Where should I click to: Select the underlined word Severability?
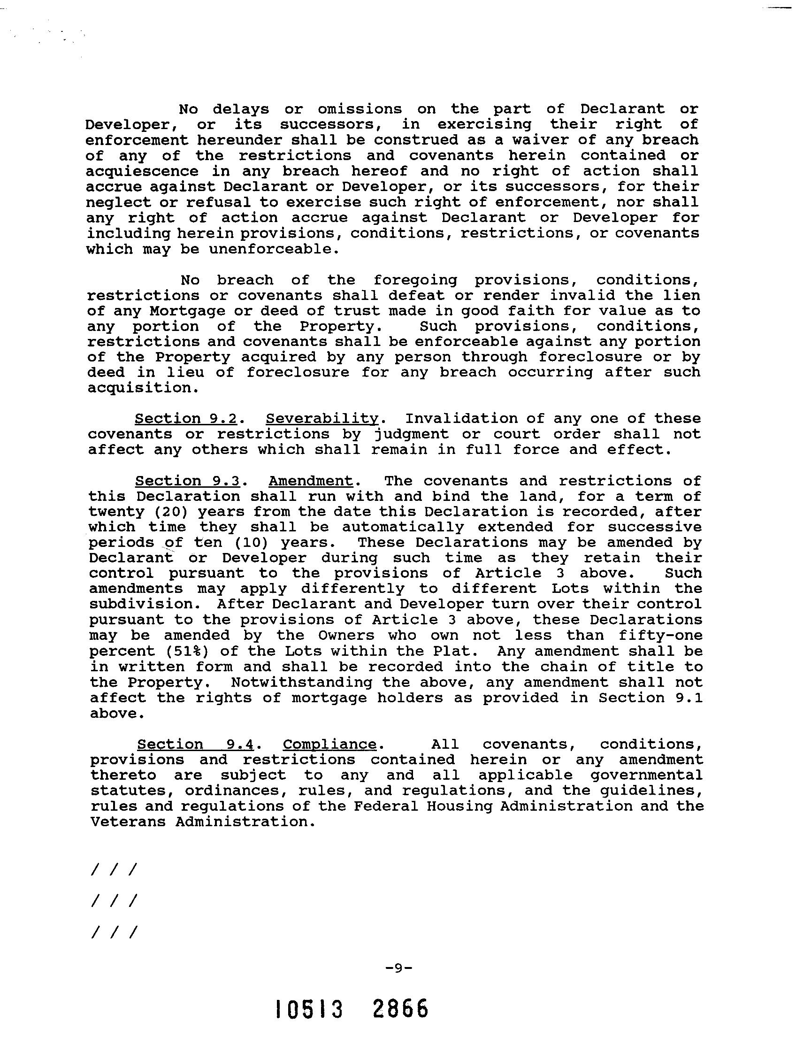tap(322, 419)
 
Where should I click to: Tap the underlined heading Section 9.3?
tap(187, 481)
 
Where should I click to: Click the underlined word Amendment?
tap(311, 481)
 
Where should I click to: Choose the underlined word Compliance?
tap(329, 745)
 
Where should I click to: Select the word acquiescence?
tap(142, 171)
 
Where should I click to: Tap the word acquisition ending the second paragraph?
tap(138, 388)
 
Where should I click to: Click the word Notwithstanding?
tap(301, 683)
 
